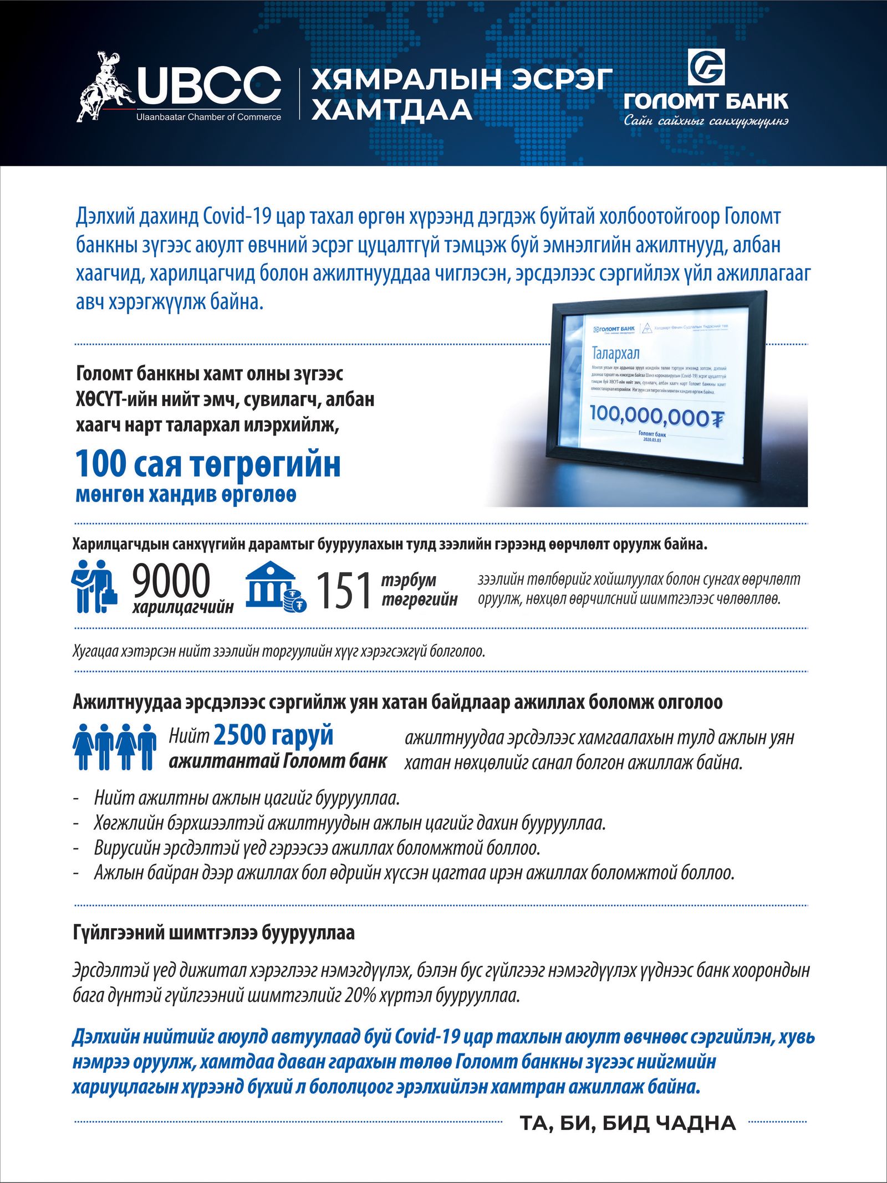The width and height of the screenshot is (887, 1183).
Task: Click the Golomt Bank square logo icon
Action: [x=706, y=68]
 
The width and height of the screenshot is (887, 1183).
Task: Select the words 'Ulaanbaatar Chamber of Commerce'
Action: [x=208, y=117]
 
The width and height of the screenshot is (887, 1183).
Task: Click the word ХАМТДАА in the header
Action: [x=391, y=109]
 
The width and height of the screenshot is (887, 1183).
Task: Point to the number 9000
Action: [x=171, y=581]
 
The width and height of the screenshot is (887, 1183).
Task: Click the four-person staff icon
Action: [x=114, y=746]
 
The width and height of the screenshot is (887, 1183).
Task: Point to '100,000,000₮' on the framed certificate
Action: [x=656, y=415]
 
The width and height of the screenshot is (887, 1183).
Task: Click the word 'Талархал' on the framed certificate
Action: [x=615, y=353]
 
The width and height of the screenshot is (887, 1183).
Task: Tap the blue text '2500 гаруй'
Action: [x=273, y=736]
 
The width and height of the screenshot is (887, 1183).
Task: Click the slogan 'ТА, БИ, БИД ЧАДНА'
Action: [x=628, y=1123]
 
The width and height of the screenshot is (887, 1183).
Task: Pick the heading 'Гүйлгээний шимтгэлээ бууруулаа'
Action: [x=213, y=933]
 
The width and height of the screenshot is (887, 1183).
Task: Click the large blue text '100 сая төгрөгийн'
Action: [x=208, y=464]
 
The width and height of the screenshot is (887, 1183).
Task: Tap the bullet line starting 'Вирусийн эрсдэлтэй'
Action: [x=317, y=848]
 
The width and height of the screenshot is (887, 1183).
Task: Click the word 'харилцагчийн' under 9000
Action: [x=183, y=607]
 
